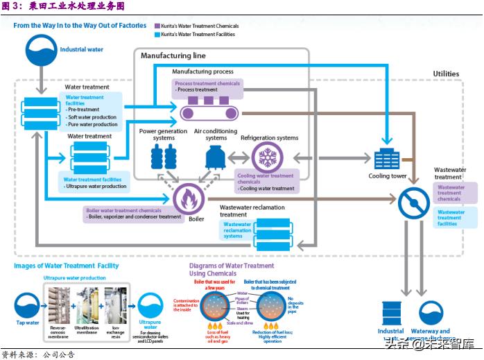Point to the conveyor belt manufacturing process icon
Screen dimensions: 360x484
tap(209, 109)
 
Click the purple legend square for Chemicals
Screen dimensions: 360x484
tap(157, 26)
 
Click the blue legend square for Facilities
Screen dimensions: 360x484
tap(157, 33)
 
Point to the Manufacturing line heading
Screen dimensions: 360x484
tap(173, 55)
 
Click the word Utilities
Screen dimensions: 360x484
tap(446, 74)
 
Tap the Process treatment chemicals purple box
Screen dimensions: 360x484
tap(207, 86)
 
